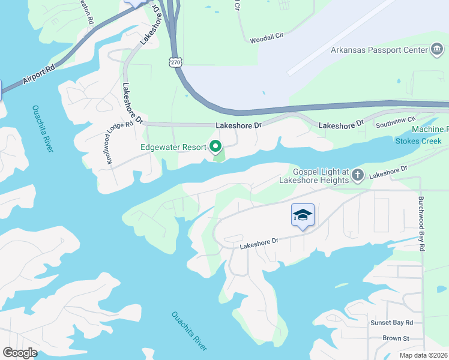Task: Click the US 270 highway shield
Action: click(175, 62)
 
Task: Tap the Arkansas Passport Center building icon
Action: click(437, 50)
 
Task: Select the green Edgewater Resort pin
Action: click(215, 146)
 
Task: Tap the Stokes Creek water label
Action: click(418, 141)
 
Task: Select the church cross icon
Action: click(358, 175)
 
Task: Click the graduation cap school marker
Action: click(303, 215)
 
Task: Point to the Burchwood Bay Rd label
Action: click(422, 223)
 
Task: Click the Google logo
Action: click(20, 352)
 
